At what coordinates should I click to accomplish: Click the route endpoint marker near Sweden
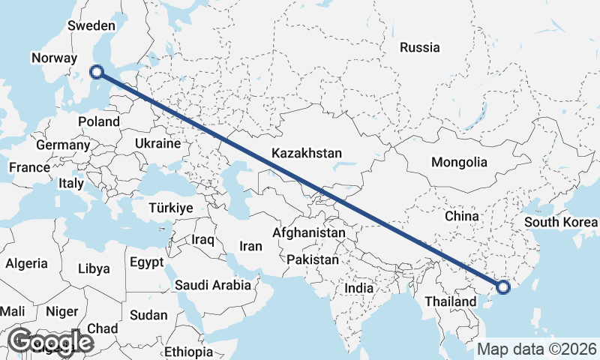96,72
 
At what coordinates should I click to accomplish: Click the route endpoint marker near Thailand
503,286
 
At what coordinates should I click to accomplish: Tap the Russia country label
419,47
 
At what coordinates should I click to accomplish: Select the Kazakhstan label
307,153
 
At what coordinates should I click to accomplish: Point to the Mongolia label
459,162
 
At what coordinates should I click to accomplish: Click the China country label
461,216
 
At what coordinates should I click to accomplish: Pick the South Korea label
561,222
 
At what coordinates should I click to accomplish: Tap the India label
358,288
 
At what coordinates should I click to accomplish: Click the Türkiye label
171,208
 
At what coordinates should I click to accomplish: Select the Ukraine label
157,143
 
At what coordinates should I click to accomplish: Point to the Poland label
98,121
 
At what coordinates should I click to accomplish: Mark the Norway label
54,58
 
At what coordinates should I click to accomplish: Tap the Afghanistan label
309,233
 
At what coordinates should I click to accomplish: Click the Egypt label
146,263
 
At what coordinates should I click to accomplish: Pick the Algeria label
27,264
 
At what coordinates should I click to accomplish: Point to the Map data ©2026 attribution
537,349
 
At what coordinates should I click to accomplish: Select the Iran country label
250,246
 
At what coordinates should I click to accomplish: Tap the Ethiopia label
188,352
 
